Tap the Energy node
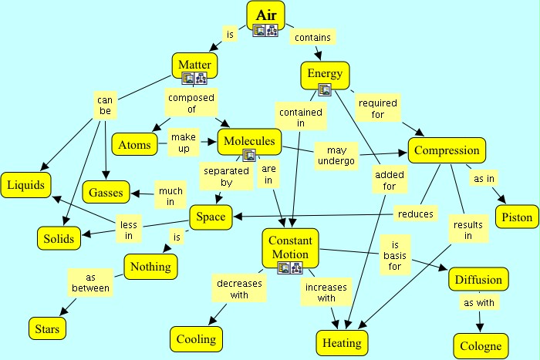tap(325, 73)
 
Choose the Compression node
tap(447, 151)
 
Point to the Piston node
tap(516, 217)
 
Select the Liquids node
tap(26, 185)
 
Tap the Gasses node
tap(106, 192)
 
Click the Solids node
tap(58, 238)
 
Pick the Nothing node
tap(150, 267)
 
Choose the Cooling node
tap(196, 339)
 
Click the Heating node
tap(343, 341)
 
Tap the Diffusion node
tap(479, 280)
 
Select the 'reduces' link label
tap(416, 213)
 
